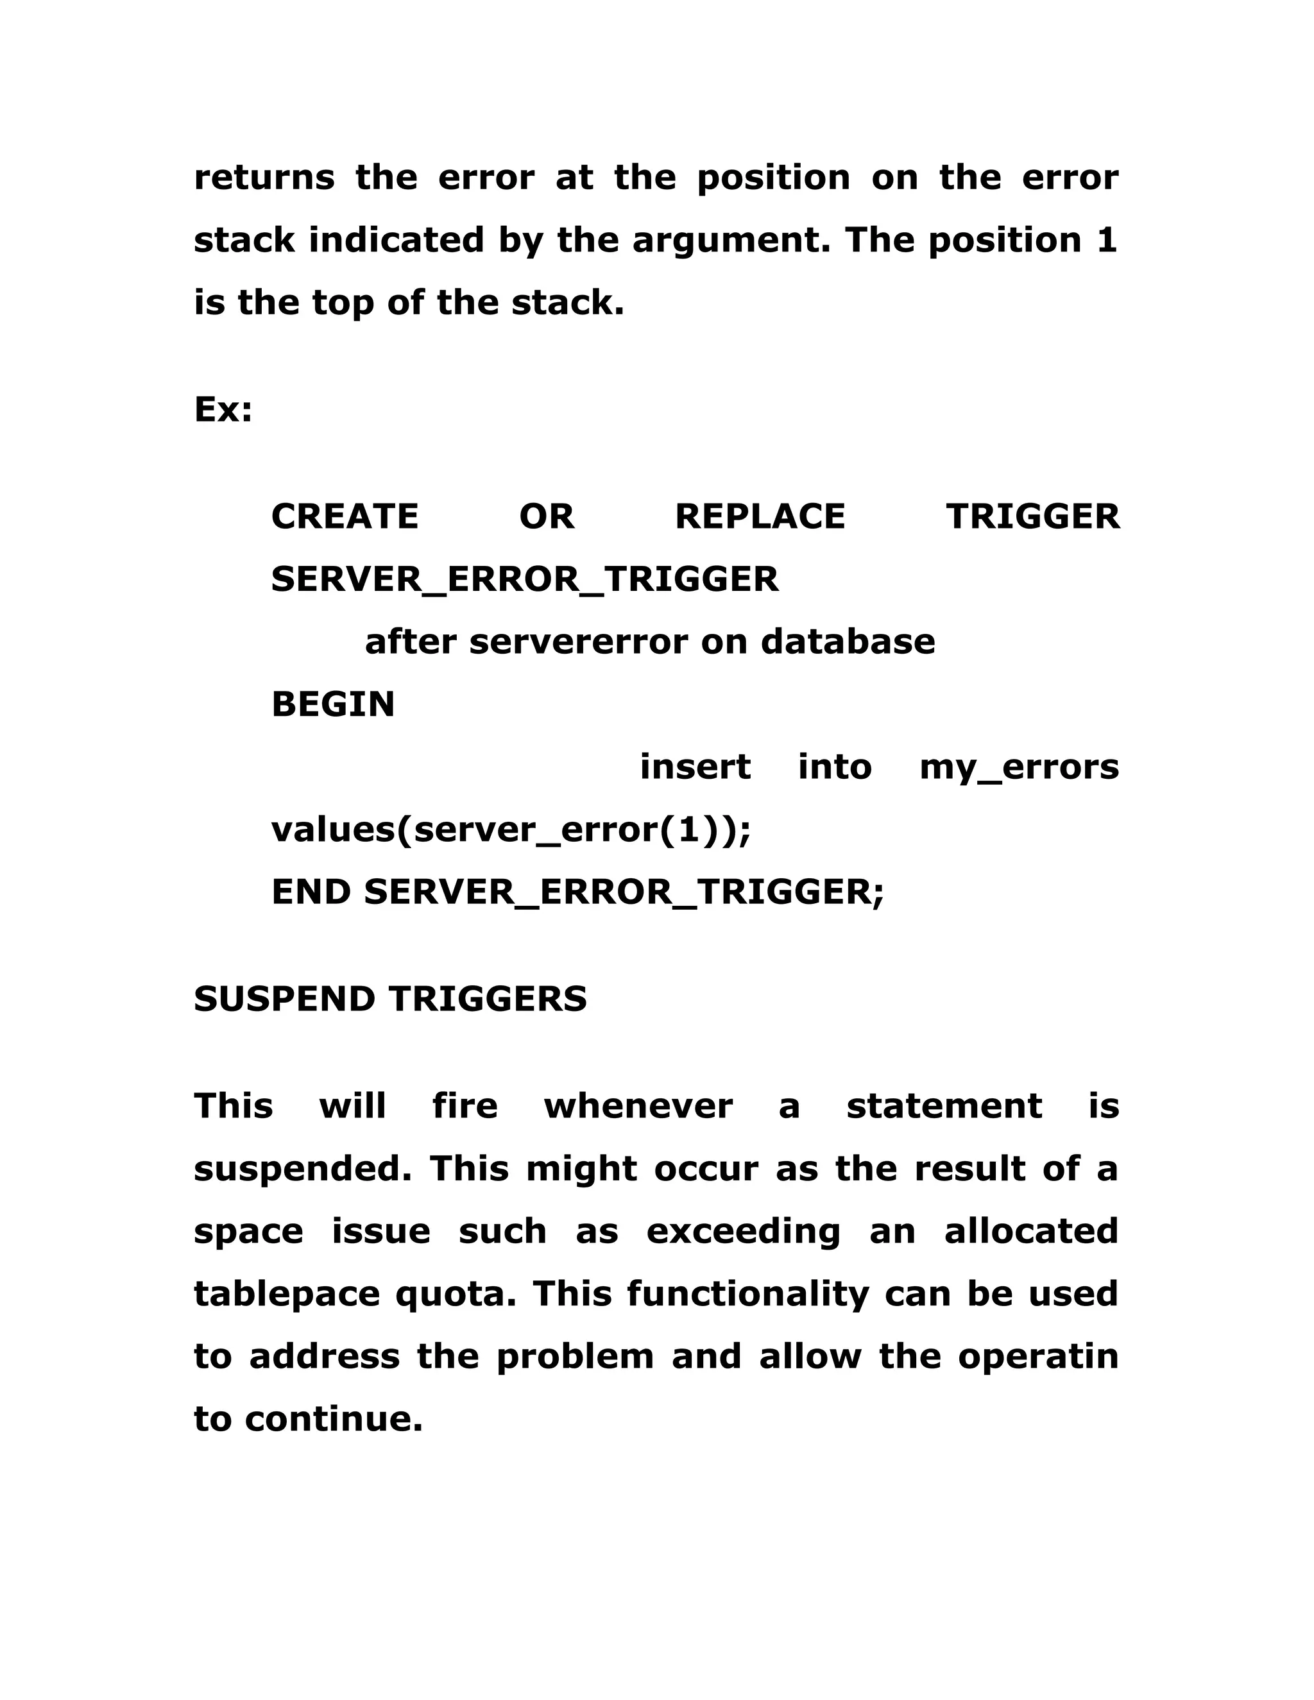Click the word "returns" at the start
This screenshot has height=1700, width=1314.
click(x=264, y=178)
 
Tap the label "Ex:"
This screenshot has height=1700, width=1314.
click(x=223, y=409)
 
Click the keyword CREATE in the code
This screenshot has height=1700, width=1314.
click(x=345, y=517)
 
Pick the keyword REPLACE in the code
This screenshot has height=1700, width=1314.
click(x=760, y=517)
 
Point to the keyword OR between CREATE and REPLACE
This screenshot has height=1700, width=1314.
click(x=547, y=517)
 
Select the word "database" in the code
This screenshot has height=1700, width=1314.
click(x=848, y=642)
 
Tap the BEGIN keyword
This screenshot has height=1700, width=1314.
click(x=333, y=704)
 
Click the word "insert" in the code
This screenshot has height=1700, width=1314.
click(x=695, y=767)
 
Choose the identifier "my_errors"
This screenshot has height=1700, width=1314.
click(x=1019, y=767)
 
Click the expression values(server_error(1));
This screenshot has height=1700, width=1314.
click(x=511, y=829)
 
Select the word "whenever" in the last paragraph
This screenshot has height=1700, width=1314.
click(x=638, y=1106)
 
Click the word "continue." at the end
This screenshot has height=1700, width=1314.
click(x=334, y=1419)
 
